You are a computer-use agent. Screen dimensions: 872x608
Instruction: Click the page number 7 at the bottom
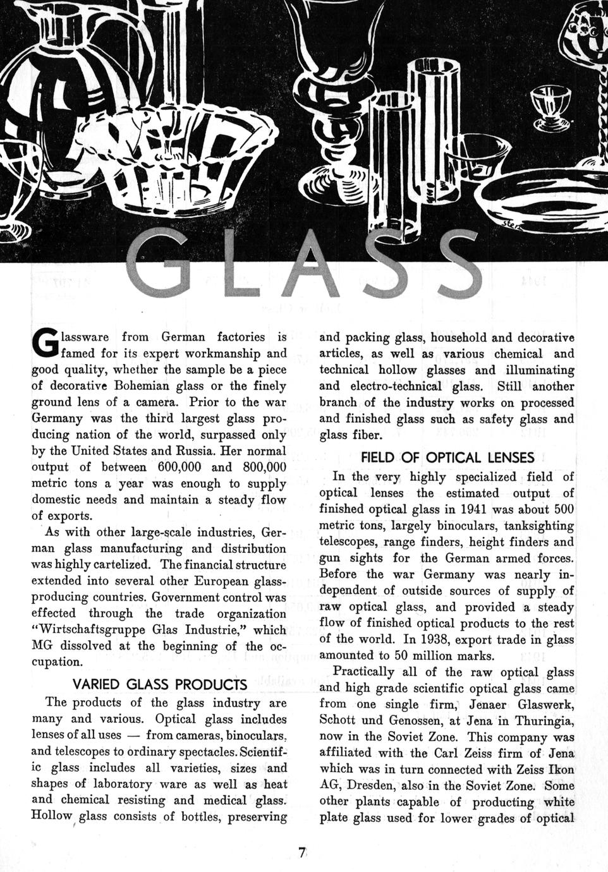pyautogui.click(x=303, y=852)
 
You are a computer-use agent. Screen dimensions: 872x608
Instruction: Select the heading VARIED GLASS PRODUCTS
pyautogui.click(x=160, y=684)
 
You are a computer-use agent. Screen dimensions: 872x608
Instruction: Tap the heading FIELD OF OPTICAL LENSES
pyautogui.click(x=447, y=457)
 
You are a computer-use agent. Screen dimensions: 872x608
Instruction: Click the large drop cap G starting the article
pyautogui.click(x=44, y=344)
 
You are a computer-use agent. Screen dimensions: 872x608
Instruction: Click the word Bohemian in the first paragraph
pyautogui.click(x=157, y=385)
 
